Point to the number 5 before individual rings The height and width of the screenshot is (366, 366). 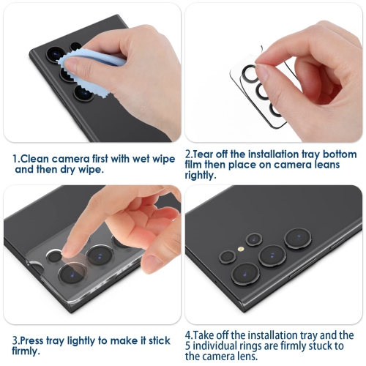tap(189, 345)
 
